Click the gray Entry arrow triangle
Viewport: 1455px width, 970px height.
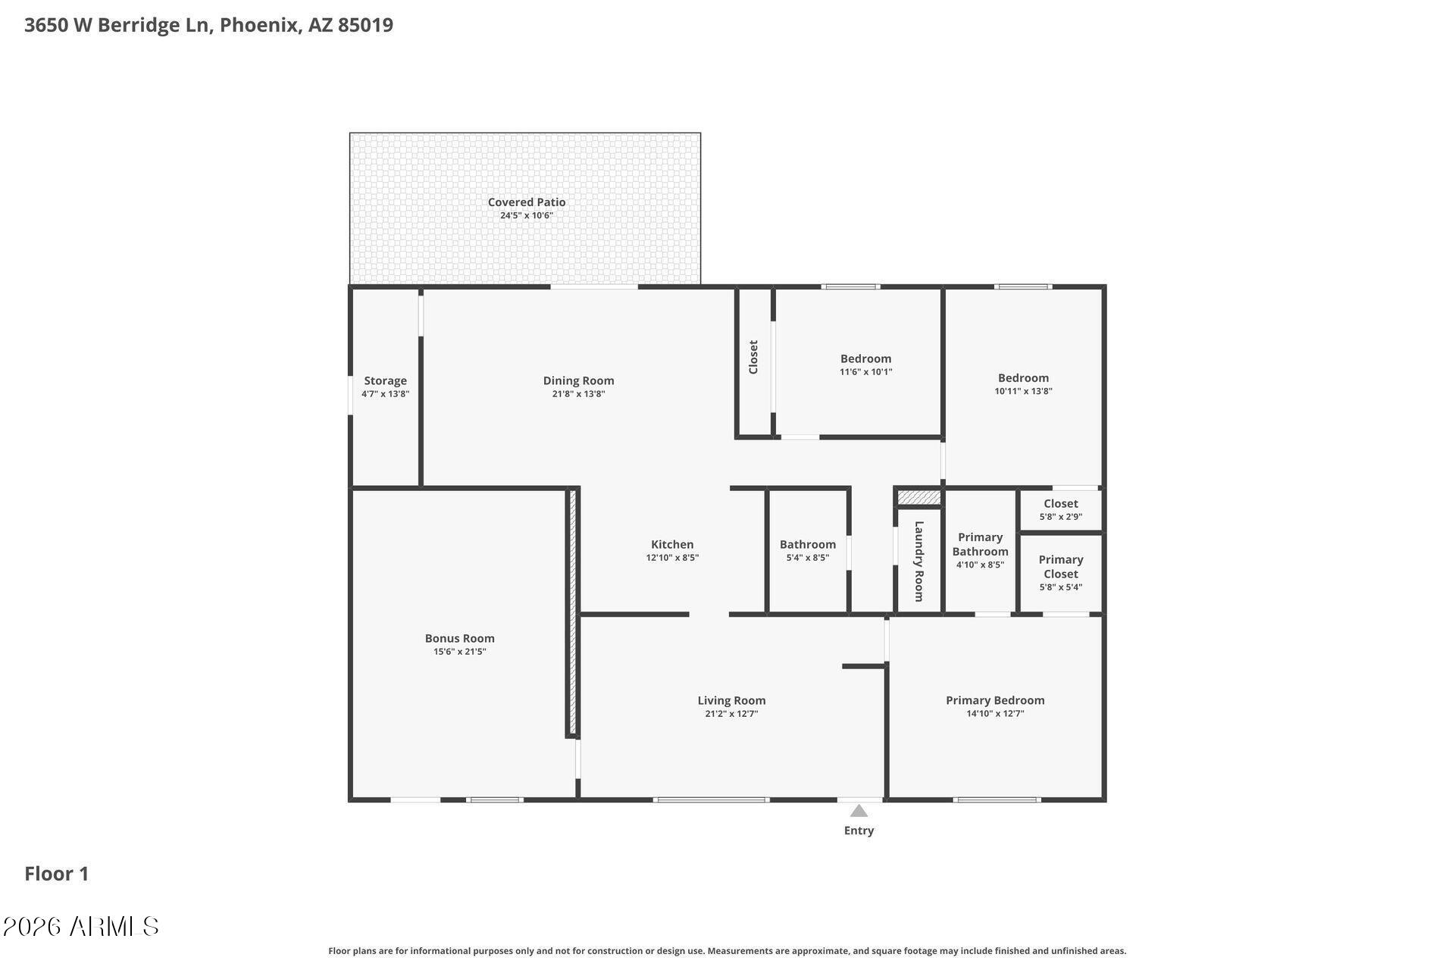(x=859, y=811)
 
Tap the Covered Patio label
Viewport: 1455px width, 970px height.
(x=526, y=202)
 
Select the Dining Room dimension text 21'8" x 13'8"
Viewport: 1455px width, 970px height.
(x=578, y=394)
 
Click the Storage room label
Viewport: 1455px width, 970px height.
(x=385, y=381)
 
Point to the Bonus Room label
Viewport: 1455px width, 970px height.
(x=459, y=639)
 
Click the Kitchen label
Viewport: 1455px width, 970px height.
(x=672, y=545)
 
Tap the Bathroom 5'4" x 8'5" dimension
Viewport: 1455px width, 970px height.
(x=808, y=558)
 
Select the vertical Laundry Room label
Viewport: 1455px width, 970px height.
(x=919, y=562)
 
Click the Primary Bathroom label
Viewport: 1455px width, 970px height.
(x=980, y=544)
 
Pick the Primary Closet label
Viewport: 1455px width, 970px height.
(x=1060, y=567)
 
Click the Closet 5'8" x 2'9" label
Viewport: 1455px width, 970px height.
(x=1060, y=504)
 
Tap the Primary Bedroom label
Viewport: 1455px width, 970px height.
(x=995, y=701)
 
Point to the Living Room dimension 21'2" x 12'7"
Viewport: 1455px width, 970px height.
(x=731, y=714)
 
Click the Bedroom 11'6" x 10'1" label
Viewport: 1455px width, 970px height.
(x=865, y=359)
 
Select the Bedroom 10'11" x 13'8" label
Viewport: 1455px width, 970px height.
(x=1023, y=378)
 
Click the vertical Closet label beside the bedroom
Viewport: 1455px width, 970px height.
(x=753, y=357)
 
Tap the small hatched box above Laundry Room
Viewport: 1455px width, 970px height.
(x=919, y=498)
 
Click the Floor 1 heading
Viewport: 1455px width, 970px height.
(x=57, y=874)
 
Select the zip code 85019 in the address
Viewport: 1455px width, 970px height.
(x=365, y=25)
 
